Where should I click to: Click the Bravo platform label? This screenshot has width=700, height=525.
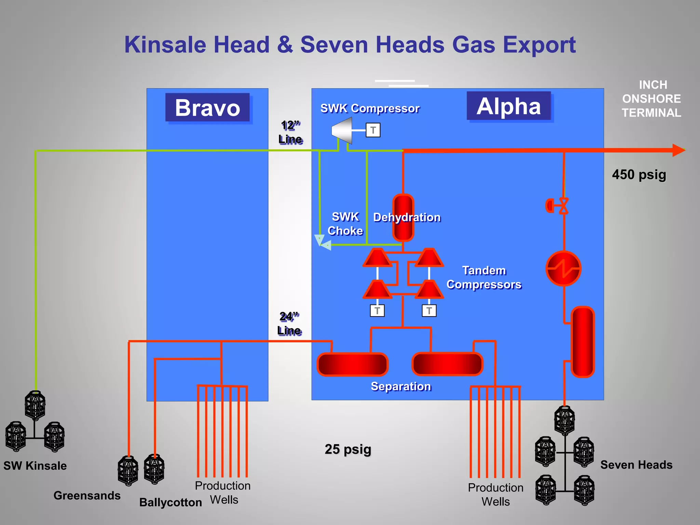(207, 108)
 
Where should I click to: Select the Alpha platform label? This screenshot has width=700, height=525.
(509, 106)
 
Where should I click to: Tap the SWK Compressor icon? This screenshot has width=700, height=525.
(342, 130)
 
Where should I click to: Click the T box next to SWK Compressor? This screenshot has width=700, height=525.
(373, 130)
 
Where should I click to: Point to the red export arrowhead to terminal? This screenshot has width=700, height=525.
(678, 150)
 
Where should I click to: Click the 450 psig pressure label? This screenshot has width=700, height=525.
(639, 175)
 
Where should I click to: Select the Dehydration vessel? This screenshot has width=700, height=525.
(403, 217)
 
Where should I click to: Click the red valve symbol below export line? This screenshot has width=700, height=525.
(563, 206)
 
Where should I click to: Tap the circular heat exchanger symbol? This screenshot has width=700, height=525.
(563, 269)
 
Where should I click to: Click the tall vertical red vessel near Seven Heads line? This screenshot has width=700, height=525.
(583, 342)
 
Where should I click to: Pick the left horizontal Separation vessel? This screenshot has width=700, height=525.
(352, 364)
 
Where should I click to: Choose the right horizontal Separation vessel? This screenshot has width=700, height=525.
(447, 364)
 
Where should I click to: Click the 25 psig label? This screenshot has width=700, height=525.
(348, 449)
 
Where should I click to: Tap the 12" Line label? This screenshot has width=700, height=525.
(291, 132)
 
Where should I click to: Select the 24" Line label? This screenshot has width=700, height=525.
(290, 324)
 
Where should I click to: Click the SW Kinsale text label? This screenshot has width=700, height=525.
(35, 466)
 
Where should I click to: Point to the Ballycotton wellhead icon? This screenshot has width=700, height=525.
(154, 469)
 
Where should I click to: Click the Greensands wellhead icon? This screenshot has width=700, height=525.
(128, 471)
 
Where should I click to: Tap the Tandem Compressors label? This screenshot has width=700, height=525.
(484, 278)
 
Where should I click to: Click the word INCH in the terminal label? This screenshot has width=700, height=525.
(653, 85)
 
